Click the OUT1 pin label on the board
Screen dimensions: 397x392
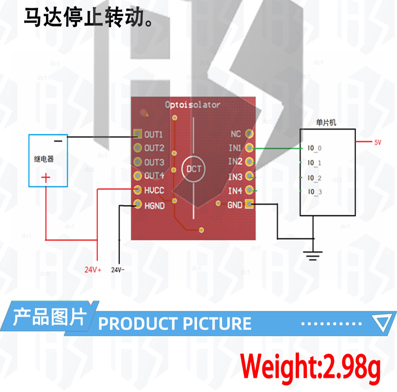[x=153, y=135]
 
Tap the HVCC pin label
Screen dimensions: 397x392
[x=154, y=190]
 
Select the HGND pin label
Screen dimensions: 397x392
[x=154, y=206]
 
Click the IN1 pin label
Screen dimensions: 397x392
[x=235, y=148]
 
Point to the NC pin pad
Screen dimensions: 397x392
[x=249, y=134]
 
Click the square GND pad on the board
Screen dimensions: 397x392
[x=249, y=204]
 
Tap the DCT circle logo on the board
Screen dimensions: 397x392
[x=194, y=169]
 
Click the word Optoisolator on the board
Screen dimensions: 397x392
[x=193, y=105]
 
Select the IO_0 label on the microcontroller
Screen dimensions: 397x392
[x=314, y=148]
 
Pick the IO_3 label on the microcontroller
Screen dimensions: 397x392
[x=315, y=192]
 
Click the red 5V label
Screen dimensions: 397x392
[x=378, y=142]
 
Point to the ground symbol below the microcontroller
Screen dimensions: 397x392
[x=313, y=256]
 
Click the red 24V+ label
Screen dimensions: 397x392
[x=93, y=270]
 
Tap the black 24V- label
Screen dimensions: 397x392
[x=118, y=270]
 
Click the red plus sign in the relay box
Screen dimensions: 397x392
[x=46, y=178]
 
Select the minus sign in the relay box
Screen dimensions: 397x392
[x=58, y=141]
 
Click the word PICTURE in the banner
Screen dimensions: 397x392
[x=217, y=324]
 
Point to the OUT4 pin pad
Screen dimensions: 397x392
[x=137, y=176]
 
